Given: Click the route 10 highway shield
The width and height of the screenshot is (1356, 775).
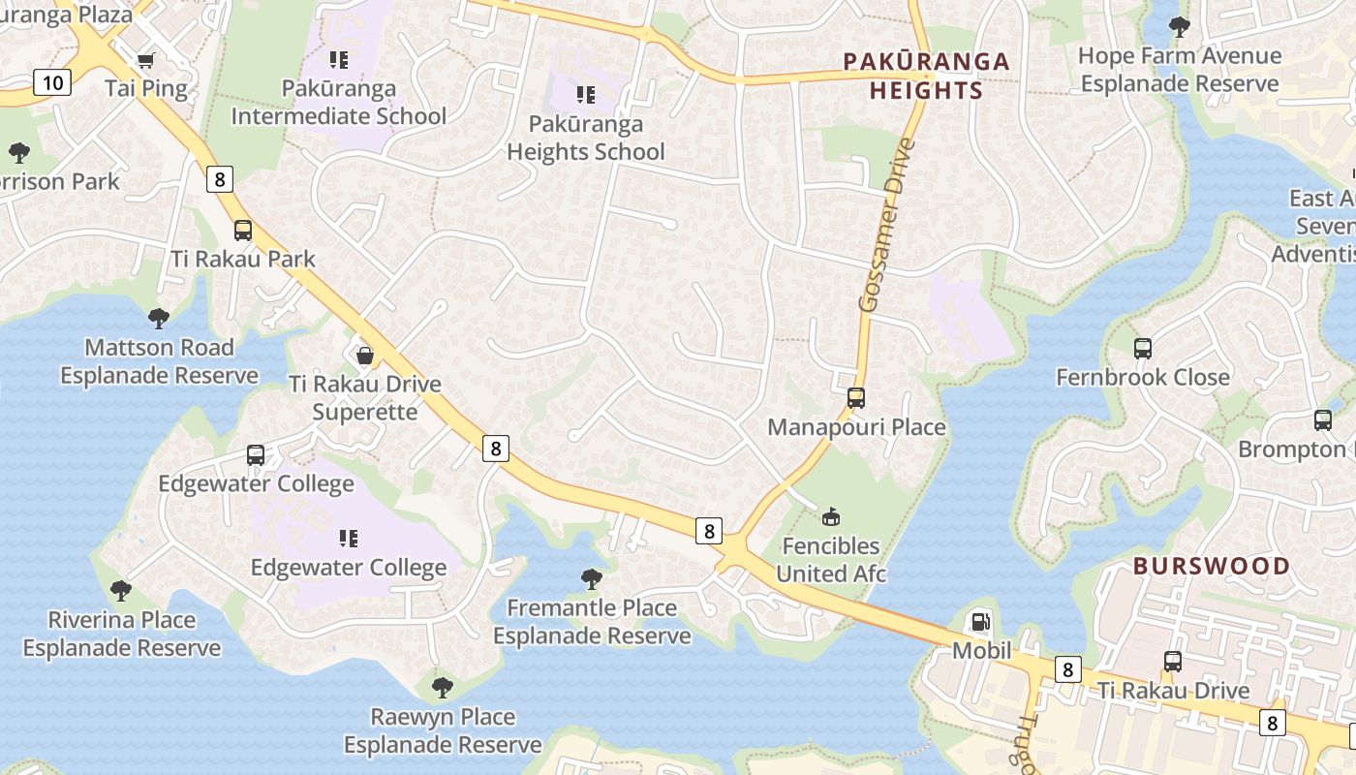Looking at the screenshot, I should [52, 82].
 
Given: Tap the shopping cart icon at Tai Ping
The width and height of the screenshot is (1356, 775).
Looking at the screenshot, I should [145, 60].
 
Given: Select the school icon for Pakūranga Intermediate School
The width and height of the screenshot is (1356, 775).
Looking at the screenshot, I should [338, 60].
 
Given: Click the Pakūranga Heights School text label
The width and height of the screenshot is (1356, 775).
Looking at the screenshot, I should [586, 138].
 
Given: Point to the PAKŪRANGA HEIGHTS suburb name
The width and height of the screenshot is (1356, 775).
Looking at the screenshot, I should [926, 77].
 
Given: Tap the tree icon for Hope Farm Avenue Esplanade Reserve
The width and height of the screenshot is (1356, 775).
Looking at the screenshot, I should [1179, 26].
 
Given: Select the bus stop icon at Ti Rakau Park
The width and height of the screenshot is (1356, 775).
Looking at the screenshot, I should [242, 231].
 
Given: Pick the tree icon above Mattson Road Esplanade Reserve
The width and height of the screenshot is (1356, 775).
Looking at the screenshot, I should [158, 318].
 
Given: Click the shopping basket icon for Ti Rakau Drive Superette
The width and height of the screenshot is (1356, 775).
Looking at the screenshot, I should [365, 356].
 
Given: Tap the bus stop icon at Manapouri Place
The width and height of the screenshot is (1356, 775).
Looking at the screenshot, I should [856, 397].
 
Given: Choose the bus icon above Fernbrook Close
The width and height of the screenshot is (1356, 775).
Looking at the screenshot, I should [1143, 349].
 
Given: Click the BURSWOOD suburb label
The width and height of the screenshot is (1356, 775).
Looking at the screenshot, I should [1211, 566].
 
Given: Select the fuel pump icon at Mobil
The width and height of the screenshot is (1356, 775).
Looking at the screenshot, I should [981, 621].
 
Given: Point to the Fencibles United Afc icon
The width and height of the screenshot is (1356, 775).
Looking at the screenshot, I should [831, 516].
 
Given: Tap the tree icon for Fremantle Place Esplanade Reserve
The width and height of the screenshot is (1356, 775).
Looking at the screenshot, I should [591, 579].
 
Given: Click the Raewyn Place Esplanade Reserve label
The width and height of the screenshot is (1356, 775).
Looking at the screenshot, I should [443, 730].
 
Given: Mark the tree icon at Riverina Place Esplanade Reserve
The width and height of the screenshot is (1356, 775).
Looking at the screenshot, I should [121, 590].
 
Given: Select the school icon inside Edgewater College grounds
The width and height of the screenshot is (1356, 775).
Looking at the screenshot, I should [349, 538].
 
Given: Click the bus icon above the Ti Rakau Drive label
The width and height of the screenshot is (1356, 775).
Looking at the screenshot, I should [1173, 662].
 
